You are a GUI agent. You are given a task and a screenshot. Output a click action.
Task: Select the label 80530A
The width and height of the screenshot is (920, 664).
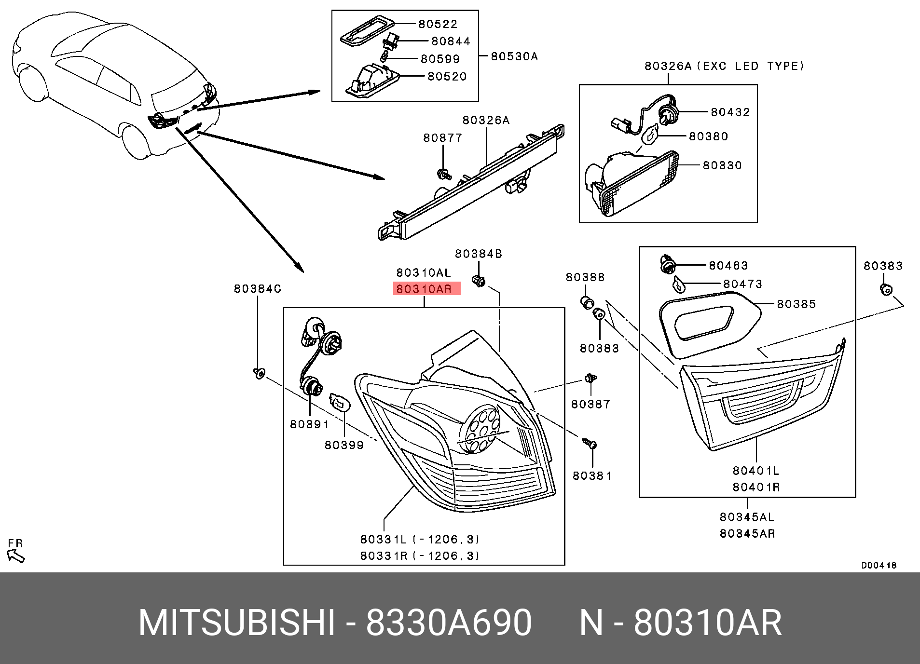tap(514, 56)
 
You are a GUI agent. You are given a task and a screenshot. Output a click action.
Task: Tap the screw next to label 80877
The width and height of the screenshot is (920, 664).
tap(443, 174)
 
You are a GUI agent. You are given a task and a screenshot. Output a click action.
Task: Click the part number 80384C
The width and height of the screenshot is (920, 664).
tap(257, 288)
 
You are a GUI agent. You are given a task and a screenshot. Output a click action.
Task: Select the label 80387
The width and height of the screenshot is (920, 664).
tap(590, 404)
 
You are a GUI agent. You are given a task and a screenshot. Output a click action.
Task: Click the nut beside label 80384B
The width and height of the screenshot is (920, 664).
tap(478, 280)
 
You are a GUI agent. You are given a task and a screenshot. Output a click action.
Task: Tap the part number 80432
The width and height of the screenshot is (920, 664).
tap(730, 112)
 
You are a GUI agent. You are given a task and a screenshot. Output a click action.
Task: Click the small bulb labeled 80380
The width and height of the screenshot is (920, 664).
tap(650, 135)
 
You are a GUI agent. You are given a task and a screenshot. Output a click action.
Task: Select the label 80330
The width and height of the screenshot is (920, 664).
tap(722, 165)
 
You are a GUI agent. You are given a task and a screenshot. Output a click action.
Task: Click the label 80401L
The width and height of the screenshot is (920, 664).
tap(755, 471)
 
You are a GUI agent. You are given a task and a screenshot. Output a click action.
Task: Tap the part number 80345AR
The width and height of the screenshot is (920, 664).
tap(747, 533)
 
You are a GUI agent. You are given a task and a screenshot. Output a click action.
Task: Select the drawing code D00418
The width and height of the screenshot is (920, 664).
tap(879, 565)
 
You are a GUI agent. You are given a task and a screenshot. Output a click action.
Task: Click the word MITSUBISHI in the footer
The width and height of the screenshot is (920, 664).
tap(236, 623)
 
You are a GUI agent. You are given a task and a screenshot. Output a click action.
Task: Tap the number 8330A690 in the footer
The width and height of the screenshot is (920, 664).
tap(448, 623)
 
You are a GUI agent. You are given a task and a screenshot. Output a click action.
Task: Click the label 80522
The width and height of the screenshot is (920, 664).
tap(438, 24)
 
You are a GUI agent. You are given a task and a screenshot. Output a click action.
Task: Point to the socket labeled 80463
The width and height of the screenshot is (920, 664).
tap(668, 264)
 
